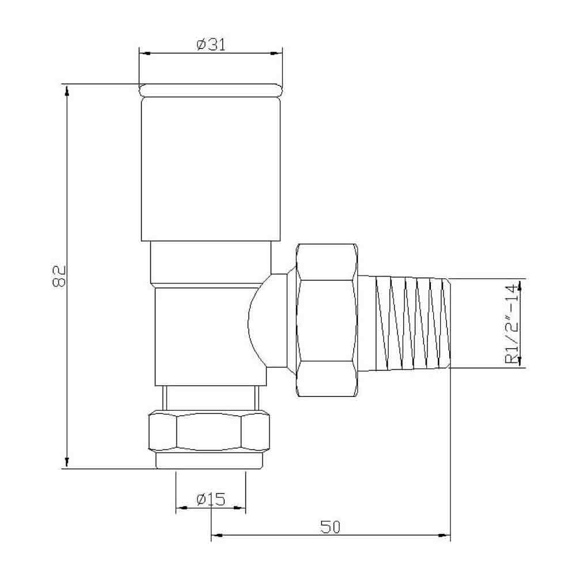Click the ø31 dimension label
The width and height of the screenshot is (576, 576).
[211, 45]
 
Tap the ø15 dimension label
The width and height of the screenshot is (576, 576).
[210, 499]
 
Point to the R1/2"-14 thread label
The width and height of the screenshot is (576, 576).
[511, 324]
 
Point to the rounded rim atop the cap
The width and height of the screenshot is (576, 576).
[211, 90]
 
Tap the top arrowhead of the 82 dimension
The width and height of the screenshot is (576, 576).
[67, 90]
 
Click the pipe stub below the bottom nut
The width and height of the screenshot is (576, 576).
[211, 461]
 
